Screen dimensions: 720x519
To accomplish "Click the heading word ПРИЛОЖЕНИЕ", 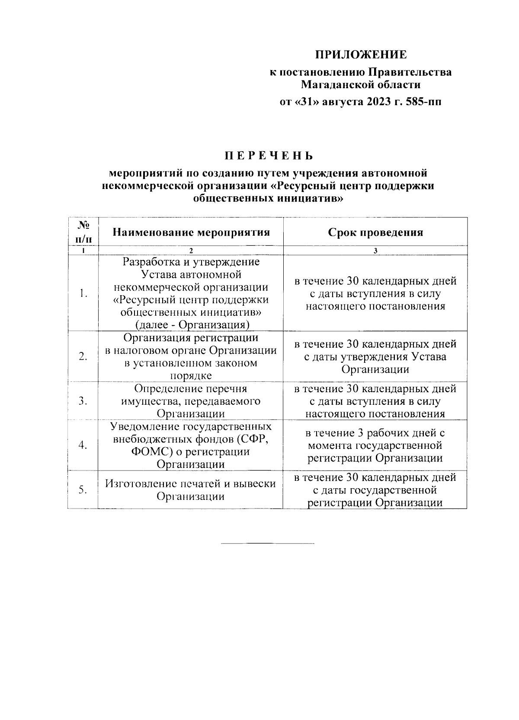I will click(x=360, y=55).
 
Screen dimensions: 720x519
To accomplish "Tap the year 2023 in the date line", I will click(x=378, y=102).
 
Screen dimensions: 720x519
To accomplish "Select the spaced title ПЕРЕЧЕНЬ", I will click(x=268, y=156).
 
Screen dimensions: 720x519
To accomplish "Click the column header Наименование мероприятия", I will click(x=191, y=232).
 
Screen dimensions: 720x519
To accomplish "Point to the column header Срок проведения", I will click(x=375, y=232).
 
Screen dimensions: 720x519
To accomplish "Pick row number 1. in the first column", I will click(x=83, y=294).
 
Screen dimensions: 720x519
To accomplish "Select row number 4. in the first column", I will click(x=83, y=445).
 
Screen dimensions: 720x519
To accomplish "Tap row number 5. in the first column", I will click(x=83, y=490).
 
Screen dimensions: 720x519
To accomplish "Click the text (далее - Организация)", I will click(x=191, y=325).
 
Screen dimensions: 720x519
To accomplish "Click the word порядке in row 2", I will click(x=191, y=376).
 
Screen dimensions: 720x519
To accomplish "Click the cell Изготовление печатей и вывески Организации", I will click(x=191, y=490).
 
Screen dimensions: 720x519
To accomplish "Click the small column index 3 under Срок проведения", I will click(x=375, y=251).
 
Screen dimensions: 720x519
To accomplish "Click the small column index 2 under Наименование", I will click(x=191, y=251).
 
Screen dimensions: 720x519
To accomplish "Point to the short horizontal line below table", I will click(x=268, y=543).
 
